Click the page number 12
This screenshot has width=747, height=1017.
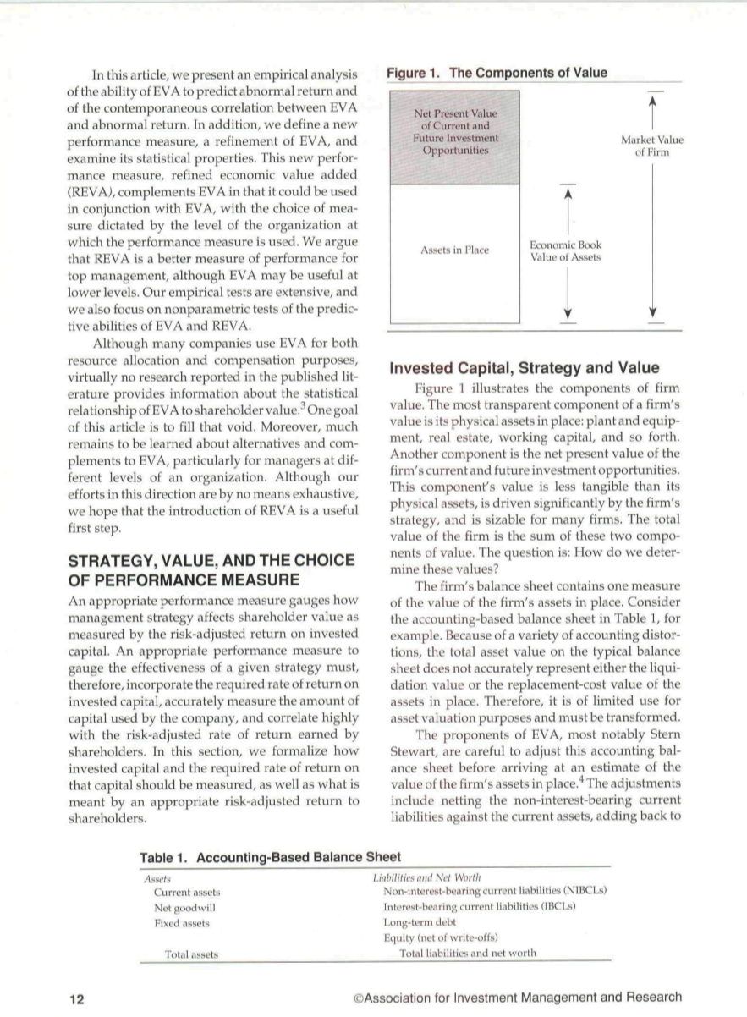(77, 998)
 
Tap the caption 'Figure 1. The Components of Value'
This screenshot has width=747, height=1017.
(497, 73)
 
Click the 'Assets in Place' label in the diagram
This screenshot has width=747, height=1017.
(454, 250)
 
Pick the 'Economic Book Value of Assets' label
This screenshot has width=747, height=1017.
(565, 250)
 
